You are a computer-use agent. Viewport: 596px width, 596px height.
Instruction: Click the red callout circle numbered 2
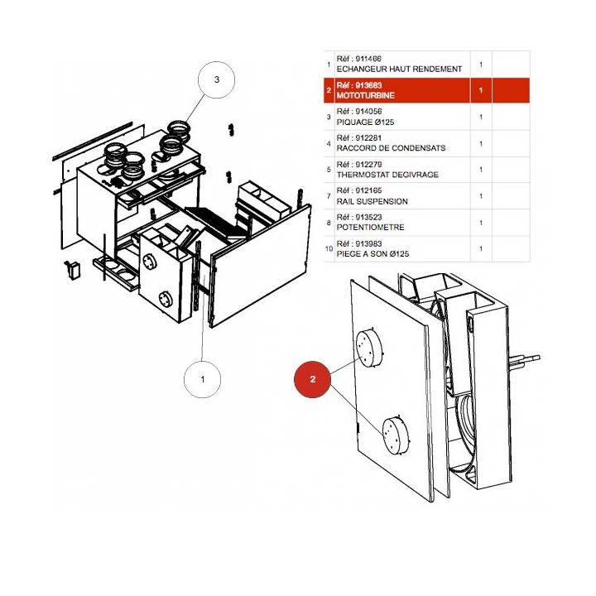point(312,379)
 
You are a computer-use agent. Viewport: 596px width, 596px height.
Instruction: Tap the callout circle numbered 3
point(216,79)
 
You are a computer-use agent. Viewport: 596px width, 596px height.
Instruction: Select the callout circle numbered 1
point(202,379)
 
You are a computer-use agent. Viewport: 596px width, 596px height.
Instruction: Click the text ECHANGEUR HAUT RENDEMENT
point(399,70)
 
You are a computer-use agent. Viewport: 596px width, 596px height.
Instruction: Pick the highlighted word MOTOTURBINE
point(365,95)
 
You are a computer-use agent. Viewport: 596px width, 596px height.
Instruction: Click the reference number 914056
point(368,112)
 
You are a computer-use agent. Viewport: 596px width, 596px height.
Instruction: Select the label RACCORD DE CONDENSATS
point(391,148)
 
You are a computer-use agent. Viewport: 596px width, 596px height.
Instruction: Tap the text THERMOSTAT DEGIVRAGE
point(387,175)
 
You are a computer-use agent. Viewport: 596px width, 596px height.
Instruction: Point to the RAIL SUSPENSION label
point(372,201)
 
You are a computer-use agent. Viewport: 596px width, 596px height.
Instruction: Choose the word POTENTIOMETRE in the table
point(370,228)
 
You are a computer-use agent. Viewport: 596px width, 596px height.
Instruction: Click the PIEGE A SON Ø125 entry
point(372,253)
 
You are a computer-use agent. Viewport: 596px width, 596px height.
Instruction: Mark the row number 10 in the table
point(329,249)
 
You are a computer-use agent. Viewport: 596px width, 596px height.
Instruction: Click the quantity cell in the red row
point(481,90)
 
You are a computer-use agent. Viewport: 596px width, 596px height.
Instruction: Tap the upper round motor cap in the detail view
point(368,348)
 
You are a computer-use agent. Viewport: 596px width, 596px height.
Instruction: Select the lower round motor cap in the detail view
point(397,435)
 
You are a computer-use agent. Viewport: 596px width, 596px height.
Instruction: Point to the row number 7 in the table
point(329,196)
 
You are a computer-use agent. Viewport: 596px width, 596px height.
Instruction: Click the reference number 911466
point(368,59)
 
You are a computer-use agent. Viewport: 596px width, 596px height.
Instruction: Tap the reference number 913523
point(368,217)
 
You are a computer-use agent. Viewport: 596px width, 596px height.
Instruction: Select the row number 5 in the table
point(329,170)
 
